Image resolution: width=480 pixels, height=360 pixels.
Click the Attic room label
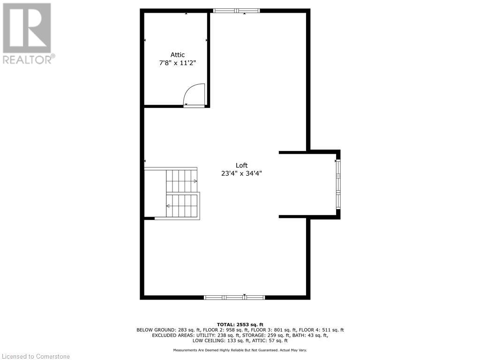[177, 55]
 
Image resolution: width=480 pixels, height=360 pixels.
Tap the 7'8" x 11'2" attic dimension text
[177, 63]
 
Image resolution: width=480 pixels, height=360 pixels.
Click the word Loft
[241, 165]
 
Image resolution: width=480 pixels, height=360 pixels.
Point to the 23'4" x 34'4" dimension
[241, 173]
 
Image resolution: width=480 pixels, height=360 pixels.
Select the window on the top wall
[236, 10]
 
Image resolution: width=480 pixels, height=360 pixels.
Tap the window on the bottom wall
[234, 297]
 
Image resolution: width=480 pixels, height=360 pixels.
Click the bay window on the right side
[338, 184]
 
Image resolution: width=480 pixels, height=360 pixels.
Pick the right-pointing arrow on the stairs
[195, 180]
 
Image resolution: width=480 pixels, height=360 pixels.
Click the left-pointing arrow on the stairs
[168, 205]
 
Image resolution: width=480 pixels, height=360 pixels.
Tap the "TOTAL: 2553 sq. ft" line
[240, 324]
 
